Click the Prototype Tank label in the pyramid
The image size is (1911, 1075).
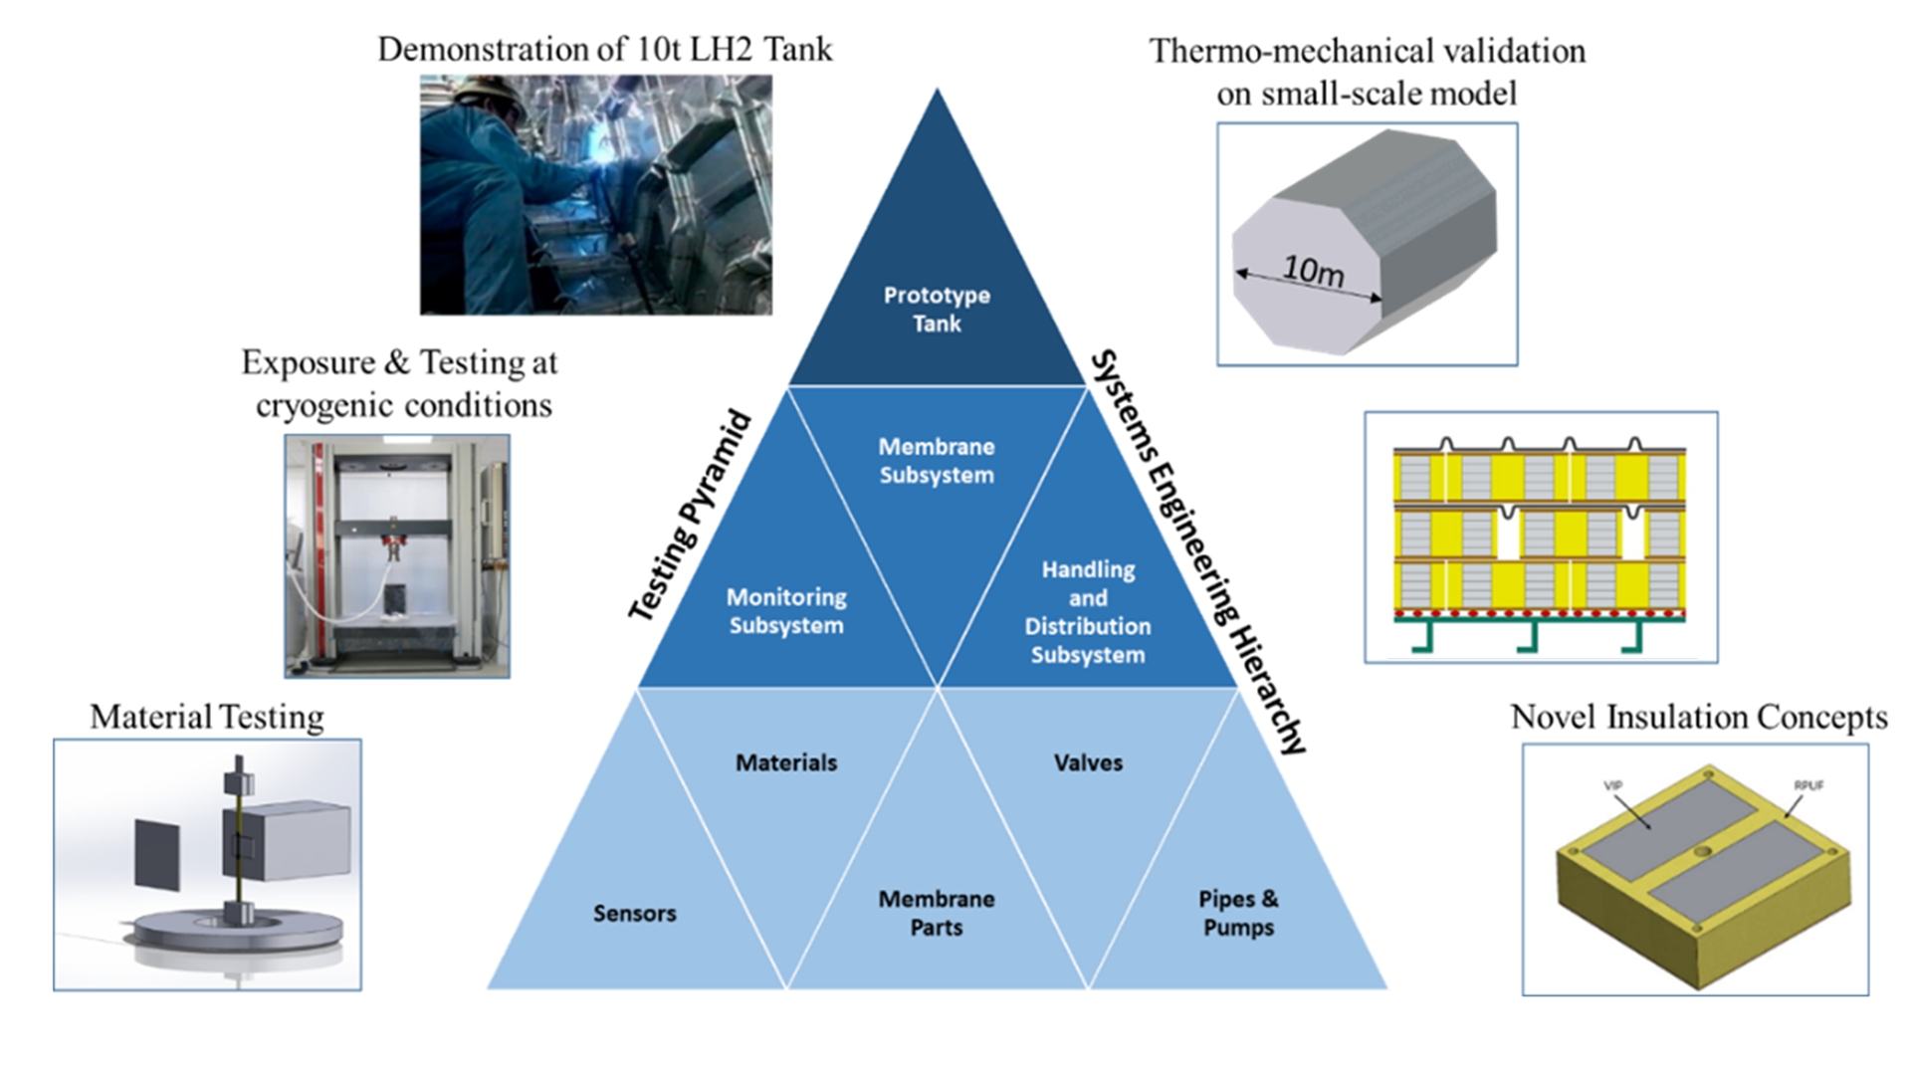click(x=937, y=309)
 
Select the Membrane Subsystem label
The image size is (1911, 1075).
click(x=937, y=461)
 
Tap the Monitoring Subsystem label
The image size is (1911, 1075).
click(x=786, y=611)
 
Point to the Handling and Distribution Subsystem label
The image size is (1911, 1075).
click(x=1088, y=612)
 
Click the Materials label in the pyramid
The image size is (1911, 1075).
click(x=786, y=762)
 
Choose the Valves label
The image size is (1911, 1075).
click(x=1088, y=762)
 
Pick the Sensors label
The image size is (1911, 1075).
click(x=634, y=913)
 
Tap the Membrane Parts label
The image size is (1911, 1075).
click(x=937, y=913)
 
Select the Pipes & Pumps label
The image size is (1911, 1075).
click(x=1238, y=913)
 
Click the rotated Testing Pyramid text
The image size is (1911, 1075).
click(x=689, y=516)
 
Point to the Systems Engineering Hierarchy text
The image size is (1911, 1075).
click(x=1198, y=552)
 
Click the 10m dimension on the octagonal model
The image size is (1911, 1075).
click(x=1313, y=270)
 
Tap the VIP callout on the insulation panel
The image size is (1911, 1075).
click(x=1613, y=786)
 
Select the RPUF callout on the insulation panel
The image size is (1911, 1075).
click(x=1808, y=785)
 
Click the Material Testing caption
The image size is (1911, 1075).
click(x=207, y=717)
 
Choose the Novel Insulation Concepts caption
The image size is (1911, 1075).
click(x=1698, y=717)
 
